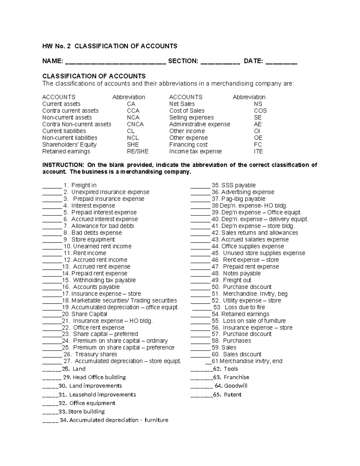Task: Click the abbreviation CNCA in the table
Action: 135,124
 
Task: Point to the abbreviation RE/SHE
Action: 137,152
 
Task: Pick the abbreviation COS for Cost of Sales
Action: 260,111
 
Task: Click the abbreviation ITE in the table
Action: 258,152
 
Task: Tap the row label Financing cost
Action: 188,145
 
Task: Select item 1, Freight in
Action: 84,185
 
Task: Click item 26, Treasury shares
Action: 96,354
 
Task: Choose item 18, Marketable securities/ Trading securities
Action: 124,300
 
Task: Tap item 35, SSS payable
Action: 238,185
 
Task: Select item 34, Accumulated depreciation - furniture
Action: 118,420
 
